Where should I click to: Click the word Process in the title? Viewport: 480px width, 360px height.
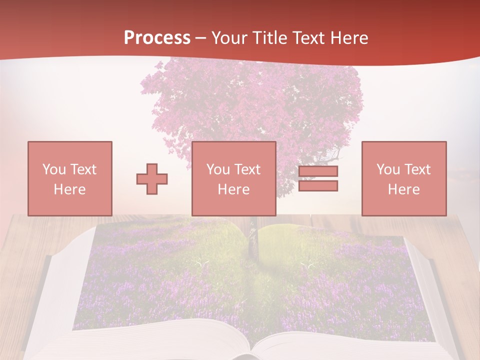pyautogui.click(x=157, y=38)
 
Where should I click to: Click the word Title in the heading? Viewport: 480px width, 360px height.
pyautogui.click(x=269, y=38)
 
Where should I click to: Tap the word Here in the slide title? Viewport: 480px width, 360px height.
pyautogui.click(x=348, y=38)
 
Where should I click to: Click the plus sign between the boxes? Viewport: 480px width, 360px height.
pyautogui.click(x=152, y=179)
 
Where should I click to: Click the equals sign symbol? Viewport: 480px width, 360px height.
pyautogui.click(x=318, y=178)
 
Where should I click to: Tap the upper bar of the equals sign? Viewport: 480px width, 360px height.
pyautogui.click(x=318, y=171)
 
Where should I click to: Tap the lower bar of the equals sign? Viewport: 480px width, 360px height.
pyautogui.click(x=318, y=185)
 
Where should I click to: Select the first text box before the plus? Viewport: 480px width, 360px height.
pyautogui.click(x=69, y=178)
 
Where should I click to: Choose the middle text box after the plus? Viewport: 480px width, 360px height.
pyautogui.click(x=233, y=178)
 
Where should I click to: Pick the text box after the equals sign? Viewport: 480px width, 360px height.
pyautogui.click(x=403, y=178)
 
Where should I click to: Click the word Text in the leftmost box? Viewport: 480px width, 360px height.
pyautogui.click(x=82, y=169)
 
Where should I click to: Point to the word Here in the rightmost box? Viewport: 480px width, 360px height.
pyautogui.click(x=403, y=189)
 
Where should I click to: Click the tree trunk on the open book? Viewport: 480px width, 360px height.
pyautogui.click(x=252, y=240)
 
